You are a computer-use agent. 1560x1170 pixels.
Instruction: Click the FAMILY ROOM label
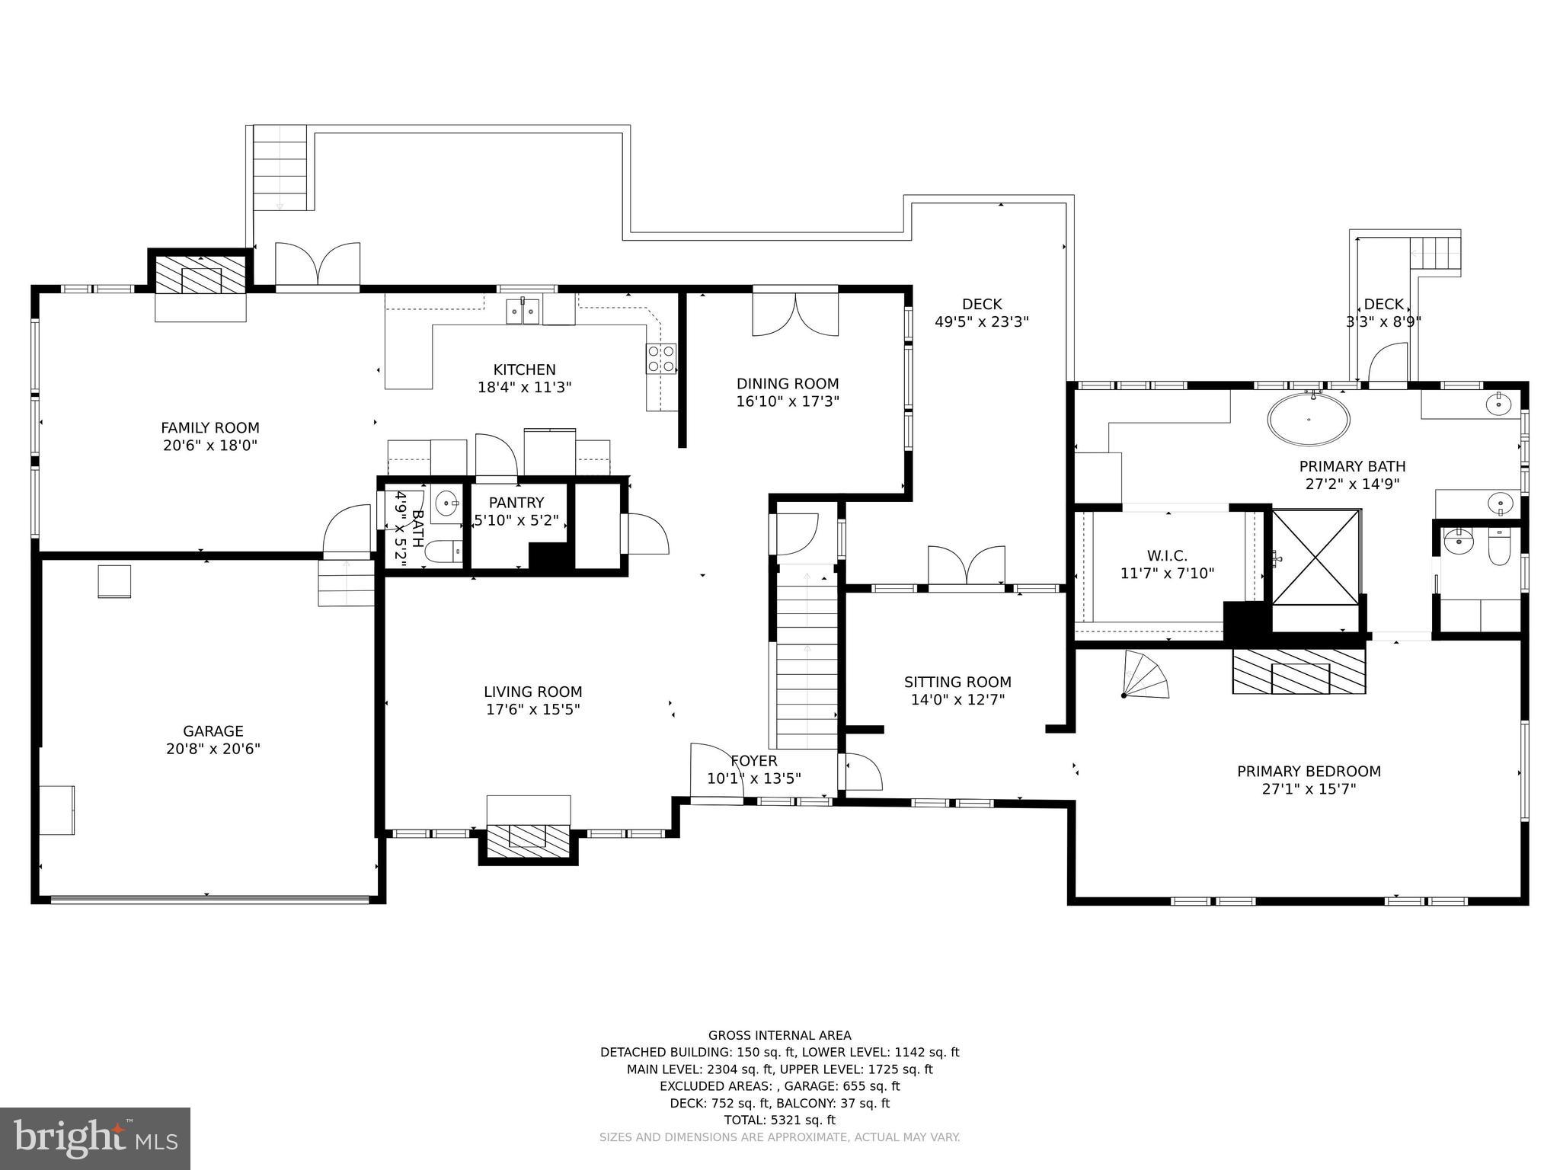210,428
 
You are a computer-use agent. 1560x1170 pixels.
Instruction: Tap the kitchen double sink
524,311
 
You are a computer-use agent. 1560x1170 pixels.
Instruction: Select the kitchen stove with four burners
660,359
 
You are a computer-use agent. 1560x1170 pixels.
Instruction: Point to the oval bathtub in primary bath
1309,419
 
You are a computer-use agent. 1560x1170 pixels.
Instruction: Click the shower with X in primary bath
1315,558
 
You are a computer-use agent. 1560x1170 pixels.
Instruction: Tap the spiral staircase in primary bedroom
1145,676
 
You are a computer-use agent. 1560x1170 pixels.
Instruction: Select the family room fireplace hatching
200,274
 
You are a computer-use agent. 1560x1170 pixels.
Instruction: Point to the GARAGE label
213,731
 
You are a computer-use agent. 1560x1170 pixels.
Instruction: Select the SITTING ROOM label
957,682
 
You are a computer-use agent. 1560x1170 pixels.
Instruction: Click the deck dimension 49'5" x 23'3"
981,322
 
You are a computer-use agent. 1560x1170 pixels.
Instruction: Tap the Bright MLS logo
95,1138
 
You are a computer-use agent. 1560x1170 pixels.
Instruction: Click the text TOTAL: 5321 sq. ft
779,1120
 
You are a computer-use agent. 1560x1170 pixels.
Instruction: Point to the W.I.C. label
1166,556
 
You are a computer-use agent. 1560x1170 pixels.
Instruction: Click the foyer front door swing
716,771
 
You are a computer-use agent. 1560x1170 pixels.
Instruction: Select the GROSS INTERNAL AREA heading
779,1035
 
